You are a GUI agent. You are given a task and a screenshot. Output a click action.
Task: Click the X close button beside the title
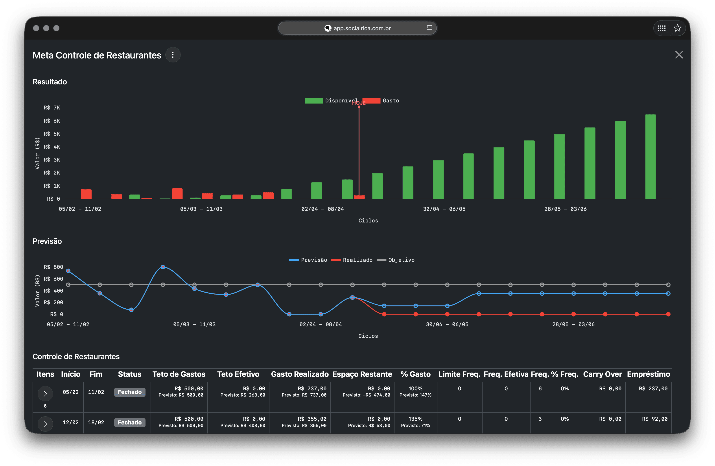click(x=679, y=55)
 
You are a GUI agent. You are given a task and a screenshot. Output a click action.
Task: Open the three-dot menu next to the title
click(x=173, y=55)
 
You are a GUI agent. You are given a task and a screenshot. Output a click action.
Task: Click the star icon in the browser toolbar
click(x=677, y=28)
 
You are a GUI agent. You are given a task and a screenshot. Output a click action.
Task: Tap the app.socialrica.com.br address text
click(x=362, y=28)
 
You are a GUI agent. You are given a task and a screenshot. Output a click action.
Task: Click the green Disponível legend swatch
click(x=314, y=100)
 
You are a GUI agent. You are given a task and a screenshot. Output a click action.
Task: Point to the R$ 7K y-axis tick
click(x=52, y=108)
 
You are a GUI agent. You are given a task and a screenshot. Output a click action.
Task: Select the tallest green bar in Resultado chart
click(x=651, y=156)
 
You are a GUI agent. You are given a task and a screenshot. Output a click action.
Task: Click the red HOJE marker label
click(x=359, y=103)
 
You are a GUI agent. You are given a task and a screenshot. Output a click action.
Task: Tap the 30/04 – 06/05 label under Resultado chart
click(x=444, y=209)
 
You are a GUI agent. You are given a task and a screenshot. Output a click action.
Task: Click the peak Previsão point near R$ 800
click(x=163, y=267)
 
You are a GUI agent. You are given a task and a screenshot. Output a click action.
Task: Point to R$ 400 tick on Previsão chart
click(x=53, y=290)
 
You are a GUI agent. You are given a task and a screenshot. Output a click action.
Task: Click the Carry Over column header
click(x=602, y=374)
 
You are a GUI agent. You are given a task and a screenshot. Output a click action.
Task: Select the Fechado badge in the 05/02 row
click(x=129, y=392)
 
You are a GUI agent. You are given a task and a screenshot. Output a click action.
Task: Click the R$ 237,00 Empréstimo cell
click(x=653, y=389)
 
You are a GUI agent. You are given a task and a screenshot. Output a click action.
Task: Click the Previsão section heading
click(x=47, y=241)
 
